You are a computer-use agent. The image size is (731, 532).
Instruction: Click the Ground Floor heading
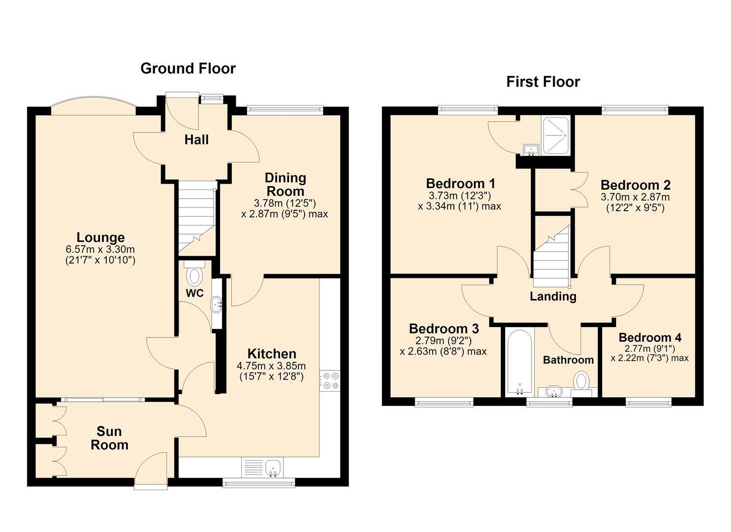point(188,68)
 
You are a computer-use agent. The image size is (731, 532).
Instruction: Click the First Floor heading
point(543,82)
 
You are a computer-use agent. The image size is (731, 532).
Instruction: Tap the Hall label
point(196,140)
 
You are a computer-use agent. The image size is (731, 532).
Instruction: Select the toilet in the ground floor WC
point(194,273)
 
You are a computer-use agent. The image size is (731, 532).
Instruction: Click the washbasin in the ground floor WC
point(217,304)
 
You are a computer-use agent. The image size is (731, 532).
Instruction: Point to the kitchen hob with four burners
point(330,380)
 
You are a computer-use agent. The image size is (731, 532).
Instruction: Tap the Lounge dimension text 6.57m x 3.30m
point(100,250)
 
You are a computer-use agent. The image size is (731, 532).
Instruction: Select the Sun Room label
point(109,438)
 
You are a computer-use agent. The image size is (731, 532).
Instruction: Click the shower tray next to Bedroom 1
point(556,135)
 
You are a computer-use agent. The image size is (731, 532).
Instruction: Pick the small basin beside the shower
point(531,150)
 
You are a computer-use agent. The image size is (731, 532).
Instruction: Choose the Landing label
point(553,297)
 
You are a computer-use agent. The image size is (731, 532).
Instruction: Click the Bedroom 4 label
point(650,337)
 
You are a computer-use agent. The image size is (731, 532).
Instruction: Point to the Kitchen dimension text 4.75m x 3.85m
point(271,366)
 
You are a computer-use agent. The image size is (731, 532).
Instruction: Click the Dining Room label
point(285,185)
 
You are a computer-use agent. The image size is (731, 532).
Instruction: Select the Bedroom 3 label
point(444,329)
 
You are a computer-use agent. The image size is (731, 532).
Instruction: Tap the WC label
point(194,293)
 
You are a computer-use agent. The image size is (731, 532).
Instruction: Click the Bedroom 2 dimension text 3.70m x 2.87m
point(635,197)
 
